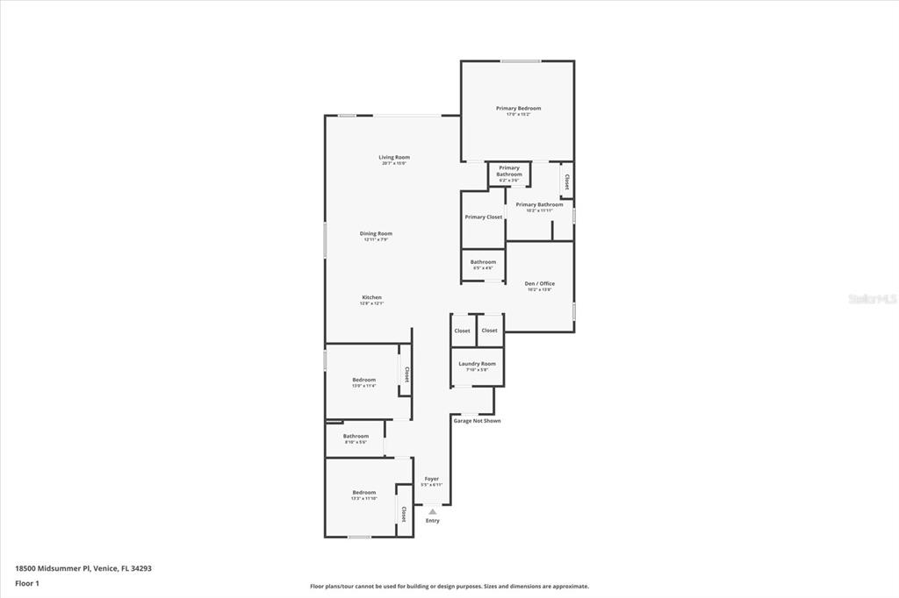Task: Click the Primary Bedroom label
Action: [518, 109]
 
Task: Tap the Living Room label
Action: [394, 158]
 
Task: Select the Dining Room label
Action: [376, 234]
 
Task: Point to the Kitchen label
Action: [371, 298]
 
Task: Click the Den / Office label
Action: [539, 284]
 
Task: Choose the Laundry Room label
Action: [477, 364]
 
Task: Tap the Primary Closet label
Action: [484, 217]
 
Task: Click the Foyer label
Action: [431, 480]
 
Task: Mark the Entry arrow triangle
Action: [432, 511]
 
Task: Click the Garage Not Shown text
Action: [477, 421]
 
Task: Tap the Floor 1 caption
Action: [27, 582]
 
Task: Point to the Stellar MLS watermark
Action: [872, 299]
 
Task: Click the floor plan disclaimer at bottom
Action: [449, 587]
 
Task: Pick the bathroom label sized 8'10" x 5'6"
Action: [356, 437]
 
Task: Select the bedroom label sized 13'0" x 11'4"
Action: [363, 381]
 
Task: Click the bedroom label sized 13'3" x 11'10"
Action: [363, 493]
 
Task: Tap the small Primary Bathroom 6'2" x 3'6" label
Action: [509, 171]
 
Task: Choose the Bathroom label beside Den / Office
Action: [483, 262]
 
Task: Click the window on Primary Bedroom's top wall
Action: [521, 61]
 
